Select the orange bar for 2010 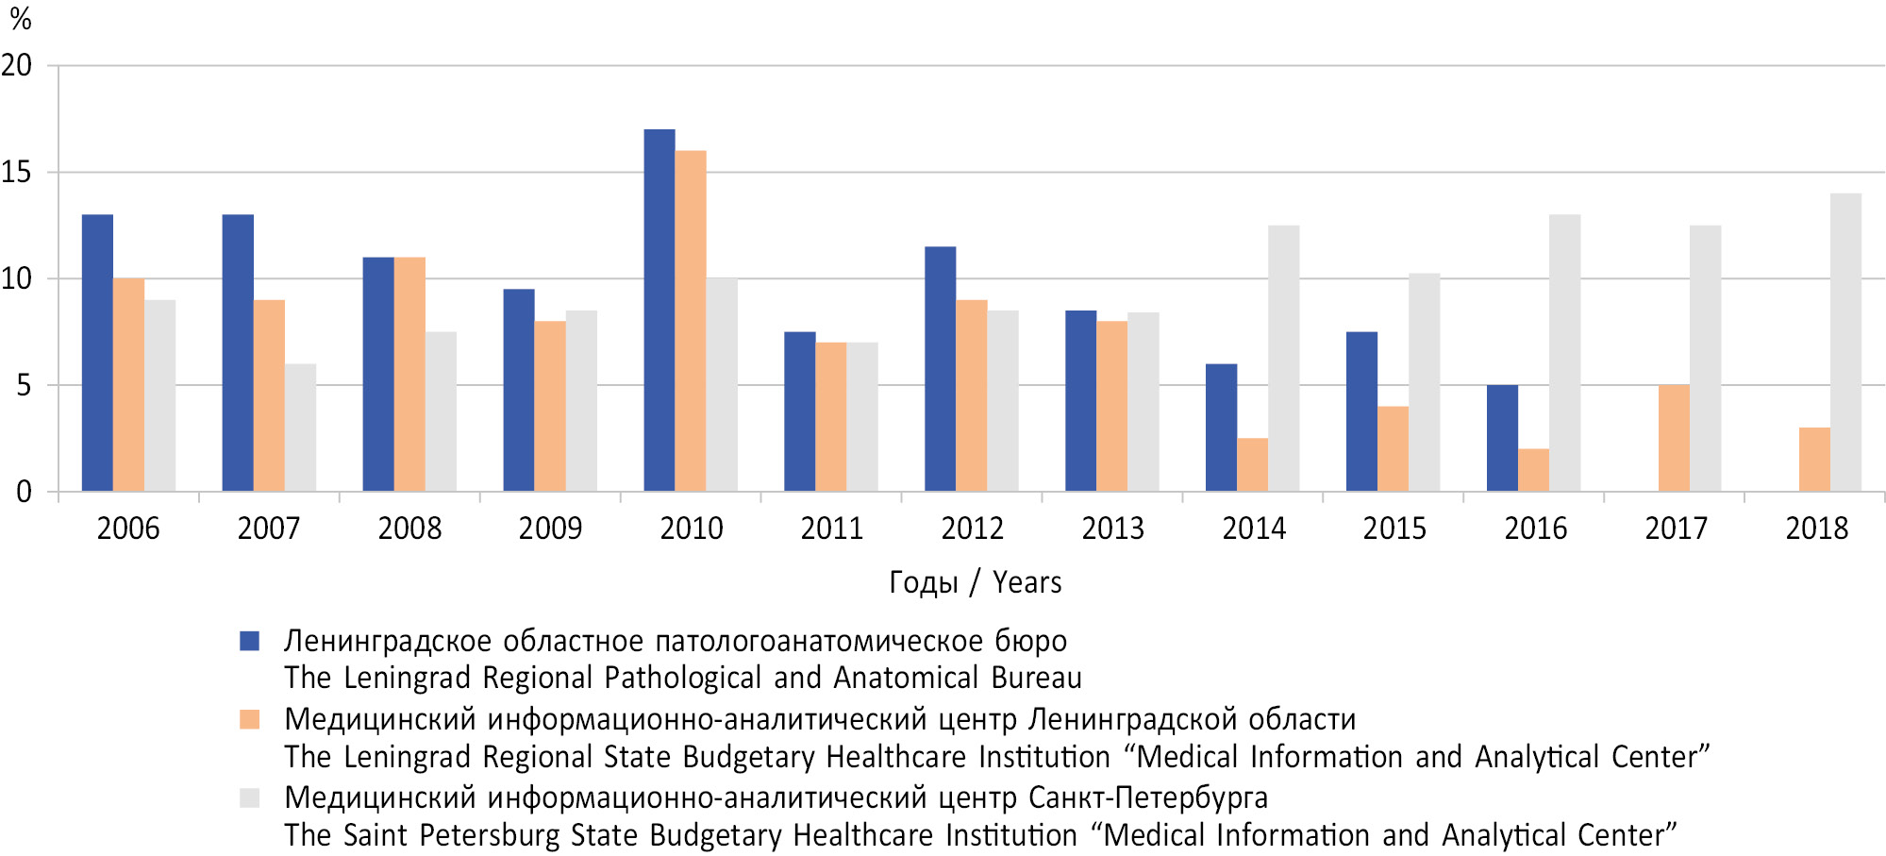pyautogui.click(x=691, y=321)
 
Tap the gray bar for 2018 pyautogui.click(x=1845, y=342)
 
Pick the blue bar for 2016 pyautogui.click(x=1502, y=438)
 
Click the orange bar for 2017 pyautogui.click(x=1674, y=438)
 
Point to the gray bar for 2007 pyautogui.click(x=300, y=428)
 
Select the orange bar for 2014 pyautogui.click(x=1252, y=464)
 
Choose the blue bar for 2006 pyautogui.click(x=97, y=353)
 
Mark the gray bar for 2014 pyautogui.click(x=1283, y=358)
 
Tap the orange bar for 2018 pyautogui.click(x=1814, y=460)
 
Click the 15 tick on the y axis pyautogui.click(x=16, y=173)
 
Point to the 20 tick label pyautogui.click(x=16, y=66)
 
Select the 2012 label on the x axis pyautogui.click(x=972, y=529)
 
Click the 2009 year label pyautogui.click(x=550, y=529)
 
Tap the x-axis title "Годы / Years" pyautogui.click(x=975, y=582)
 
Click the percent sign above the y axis pyautogui.click(x=20, y=19)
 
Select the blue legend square pyautogui.click(x=250, y=642)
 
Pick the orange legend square pyautogui.click(x=250, y=720)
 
